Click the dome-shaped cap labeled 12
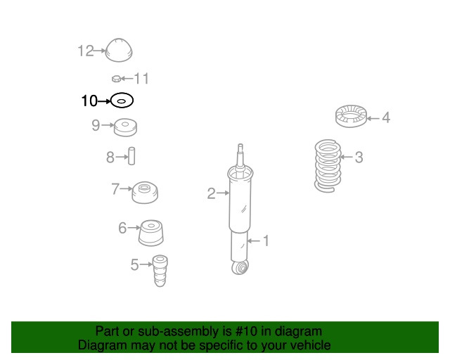119,51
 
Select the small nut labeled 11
117,78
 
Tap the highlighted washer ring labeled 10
122,101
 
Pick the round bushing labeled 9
125,128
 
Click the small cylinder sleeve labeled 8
131,156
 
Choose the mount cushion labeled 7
146,191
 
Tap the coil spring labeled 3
327,166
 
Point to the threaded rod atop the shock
241,155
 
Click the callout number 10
89,101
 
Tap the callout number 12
85,51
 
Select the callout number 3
359,157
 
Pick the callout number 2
211,193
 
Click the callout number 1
265,241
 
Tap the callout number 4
385,118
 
